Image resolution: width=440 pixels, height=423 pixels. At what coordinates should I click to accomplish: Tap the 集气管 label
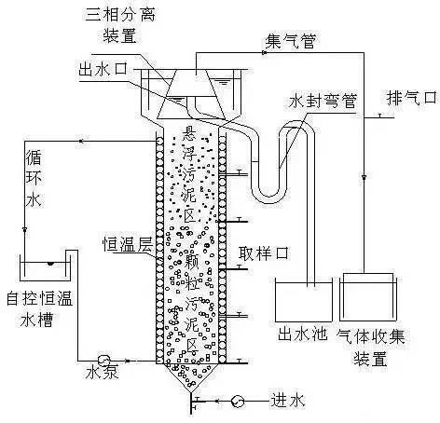(291, 41)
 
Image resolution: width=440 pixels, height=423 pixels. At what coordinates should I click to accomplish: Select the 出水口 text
(103, 69)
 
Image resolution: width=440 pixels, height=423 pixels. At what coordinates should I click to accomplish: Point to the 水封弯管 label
(323, 101)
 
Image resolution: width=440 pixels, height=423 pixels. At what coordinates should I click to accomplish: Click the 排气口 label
(412, 98)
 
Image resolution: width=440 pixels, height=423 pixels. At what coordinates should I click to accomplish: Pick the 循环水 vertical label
(34, 179)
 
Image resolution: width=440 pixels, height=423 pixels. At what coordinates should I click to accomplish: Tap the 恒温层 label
(128, 244)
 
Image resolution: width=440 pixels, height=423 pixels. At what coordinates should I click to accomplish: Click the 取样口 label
(264, 253)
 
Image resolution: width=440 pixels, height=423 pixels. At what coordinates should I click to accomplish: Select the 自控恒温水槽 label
(40, 308)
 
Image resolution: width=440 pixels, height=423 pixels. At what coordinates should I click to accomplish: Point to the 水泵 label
(102, 372)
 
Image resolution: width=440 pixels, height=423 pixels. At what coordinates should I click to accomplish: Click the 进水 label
(288, 401)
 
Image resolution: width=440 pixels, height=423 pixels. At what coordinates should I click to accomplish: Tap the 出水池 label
(302, 334)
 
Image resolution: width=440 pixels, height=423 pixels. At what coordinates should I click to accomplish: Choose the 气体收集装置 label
(371, 347)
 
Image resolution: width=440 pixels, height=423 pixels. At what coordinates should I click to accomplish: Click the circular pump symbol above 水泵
(103, 361)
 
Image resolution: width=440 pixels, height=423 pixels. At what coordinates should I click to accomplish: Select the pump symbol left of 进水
(238, 401)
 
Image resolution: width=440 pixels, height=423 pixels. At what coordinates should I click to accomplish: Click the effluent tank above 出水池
(304, 300)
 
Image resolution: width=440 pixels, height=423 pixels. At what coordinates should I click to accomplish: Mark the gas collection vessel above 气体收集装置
(368, 297)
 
